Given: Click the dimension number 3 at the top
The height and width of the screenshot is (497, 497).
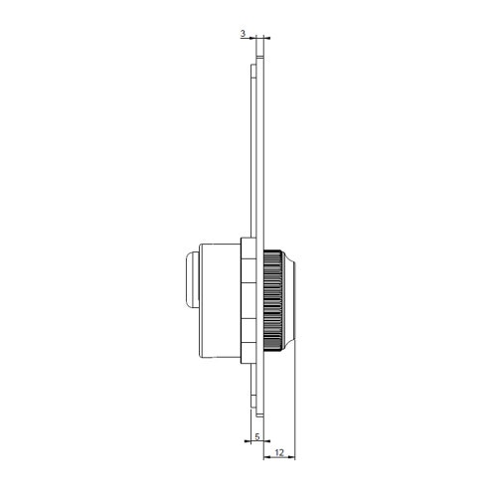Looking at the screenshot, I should pyautogui.click(x=244, y=33).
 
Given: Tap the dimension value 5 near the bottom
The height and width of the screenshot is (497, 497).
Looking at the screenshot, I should pyautogui.click(x=256, y=436).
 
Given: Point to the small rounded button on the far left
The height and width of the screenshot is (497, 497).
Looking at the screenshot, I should pyautogui.click(x=189, y=280).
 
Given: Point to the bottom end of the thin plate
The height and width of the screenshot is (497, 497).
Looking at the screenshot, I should pyautogui.click(x=259, y=415).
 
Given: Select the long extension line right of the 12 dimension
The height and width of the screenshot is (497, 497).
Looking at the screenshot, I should pyautogui.click(x=299, y=398).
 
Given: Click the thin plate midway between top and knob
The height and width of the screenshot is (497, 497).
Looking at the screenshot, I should pyautogui.click(x=258, y=149).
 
